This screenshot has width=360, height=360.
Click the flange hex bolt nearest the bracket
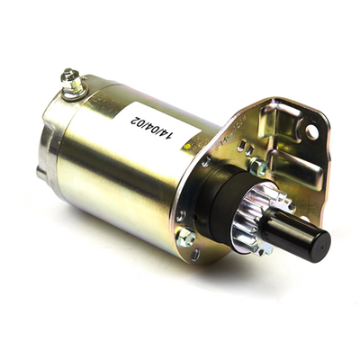point(258,166)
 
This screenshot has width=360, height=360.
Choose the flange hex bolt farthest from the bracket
point(185,237)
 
